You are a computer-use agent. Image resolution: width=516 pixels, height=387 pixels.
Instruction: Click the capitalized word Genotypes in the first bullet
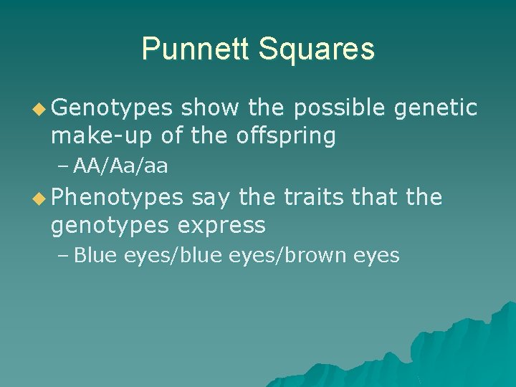pos(112,108)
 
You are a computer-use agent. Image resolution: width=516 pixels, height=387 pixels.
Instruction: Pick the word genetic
pos(436,108)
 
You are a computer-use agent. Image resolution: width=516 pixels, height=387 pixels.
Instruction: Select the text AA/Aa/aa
pos(120,167)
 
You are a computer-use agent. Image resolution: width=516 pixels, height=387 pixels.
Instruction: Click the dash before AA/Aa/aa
pos(63,167)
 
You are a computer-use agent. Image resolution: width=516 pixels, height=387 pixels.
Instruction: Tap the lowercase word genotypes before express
pos(110,225)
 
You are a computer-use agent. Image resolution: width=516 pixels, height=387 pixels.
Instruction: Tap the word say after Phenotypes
pos(210,197)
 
